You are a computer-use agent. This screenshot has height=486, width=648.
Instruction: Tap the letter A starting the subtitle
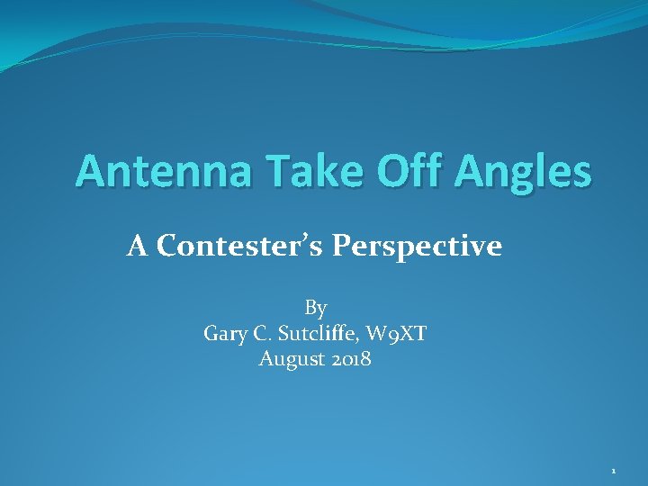point(137,246)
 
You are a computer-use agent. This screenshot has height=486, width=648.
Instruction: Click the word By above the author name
point(316,309)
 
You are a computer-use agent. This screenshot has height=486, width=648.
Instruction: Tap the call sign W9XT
point(402,334)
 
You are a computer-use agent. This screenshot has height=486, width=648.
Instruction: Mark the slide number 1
point(614,471)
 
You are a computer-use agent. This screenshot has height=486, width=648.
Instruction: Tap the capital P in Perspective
point(342,246)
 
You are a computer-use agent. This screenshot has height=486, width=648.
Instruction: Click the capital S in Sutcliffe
point(285,334)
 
